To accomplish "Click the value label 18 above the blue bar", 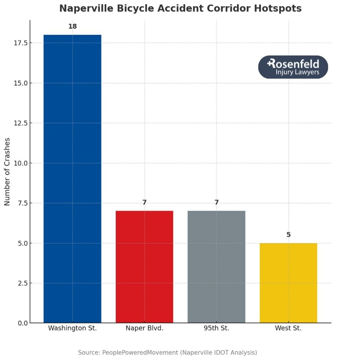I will pos(72,26).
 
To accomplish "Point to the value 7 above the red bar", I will pos(144,202).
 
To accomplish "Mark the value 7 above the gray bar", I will pos(216,202).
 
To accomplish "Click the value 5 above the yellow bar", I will pos(288,234).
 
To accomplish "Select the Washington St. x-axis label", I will pos(72,328).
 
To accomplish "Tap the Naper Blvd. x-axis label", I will pos(144,328).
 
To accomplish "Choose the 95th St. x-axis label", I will pos(216,328).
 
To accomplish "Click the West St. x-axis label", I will pos(288,328).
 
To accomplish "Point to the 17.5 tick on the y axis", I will pos(20,43).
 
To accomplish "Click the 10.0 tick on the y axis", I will pos(20,163).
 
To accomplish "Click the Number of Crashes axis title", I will pos(7,171).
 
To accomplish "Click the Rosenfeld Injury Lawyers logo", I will pos(293,67).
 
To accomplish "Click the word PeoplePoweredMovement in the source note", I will pos(140,353).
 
